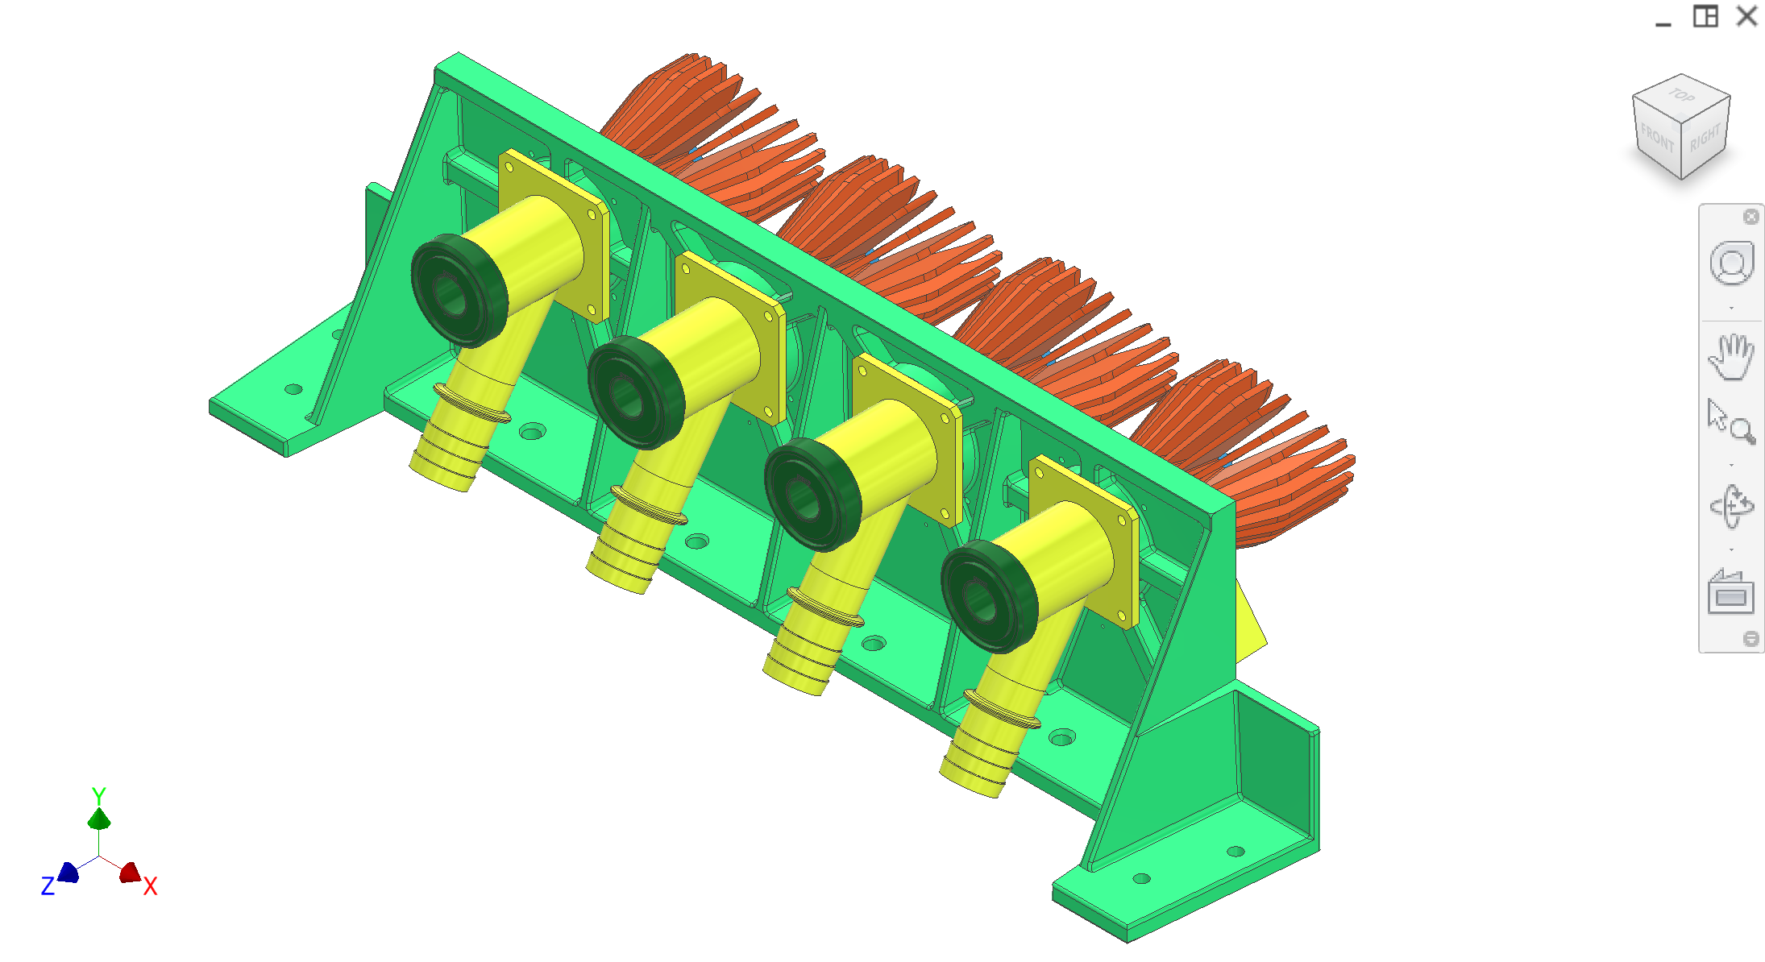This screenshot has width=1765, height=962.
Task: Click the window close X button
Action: tap(1746, 16)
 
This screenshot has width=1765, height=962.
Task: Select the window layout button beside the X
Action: tap(1705, 16)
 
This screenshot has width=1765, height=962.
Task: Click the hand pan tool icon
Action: tap(1730, 356)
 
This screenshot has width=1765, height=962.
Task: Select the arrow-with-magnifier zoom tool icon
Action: tap(1730, 422)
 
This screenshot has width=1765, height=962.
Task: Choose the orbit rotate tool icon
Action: tap(1730, 507)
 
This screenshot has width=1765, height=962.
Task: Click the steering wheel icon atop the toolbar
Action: tap(1731, 263)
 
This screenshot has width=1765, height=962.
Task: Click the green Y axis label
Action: tap(99, 795)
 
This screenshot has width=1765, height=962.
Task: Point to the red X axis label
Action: tap(151, 887)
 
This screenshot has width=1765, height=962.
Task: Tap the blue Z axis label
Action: tap(48, 887)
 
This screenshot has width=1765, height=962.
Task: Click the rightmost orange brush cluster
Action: tap(1257, 451)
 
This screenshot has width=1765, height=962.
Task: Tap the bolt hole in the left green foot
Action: tap(293, 389)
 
